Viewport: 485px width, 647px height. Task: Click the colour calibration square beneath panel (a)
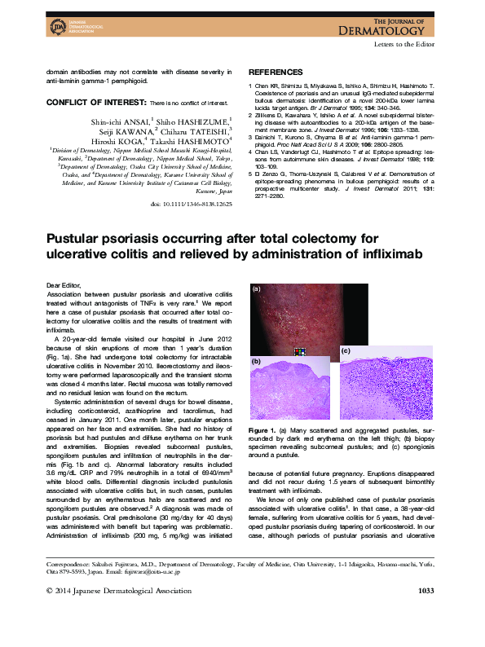(x=301, y=352)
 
